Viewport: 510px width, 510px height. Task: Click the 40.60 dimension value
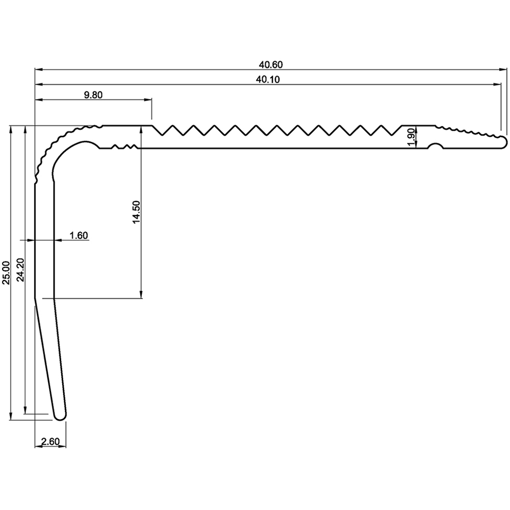[x=270, y=64]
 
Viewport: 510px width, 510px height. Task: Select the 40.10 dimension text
[x=270, y=79]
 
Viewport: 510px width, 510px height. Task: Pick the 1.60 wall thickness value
[x=79, y=235]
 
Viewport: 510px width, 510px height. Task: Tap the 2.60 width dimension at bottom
[x=50, y=442]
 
